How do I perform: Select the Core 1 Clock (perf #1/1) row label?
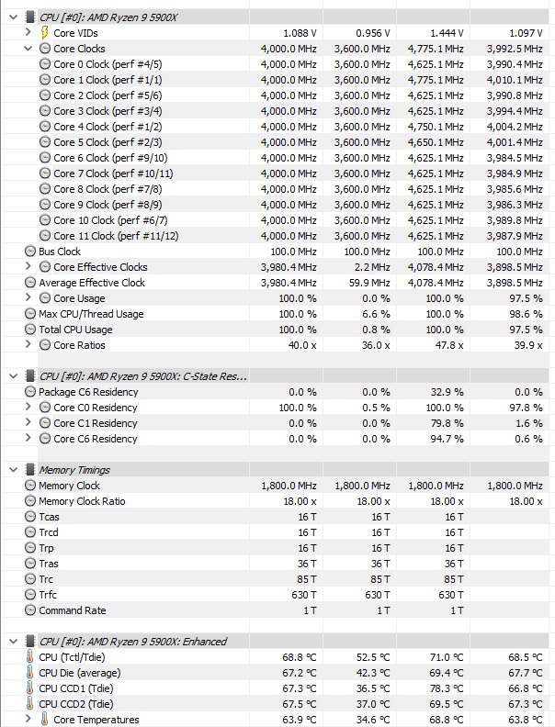(108, 80)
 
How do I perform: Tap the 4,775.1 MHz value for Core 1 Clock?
(435, 80)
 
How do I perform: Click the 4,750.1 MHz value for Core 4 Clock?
(435, 127)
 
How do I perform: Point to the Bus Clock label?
(60, 252)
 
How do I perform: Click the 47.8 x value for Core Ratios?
(446, 345)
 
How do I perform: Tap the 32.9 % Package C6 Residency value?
(445, 392)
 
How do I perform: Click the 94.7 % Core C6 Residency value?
(445, 439)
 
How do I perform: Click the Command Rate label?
(73, 610)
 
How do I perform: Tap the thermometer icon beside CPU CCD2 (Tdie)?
(31, 704)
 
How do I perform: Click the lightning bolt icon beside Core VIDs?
(45, 33)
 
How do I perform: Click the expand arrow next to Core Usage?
(30, 298)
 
